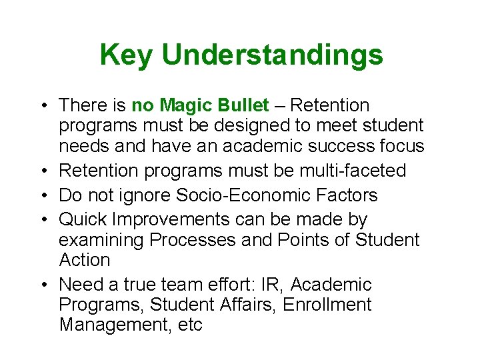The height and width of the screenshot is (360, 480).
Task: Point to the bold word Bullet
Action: coord(244,105)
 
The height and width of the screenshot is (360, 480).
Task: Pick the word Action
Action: coord(84,260)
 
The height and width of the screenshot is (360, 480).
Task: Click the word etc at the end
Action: coord(189,325)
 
